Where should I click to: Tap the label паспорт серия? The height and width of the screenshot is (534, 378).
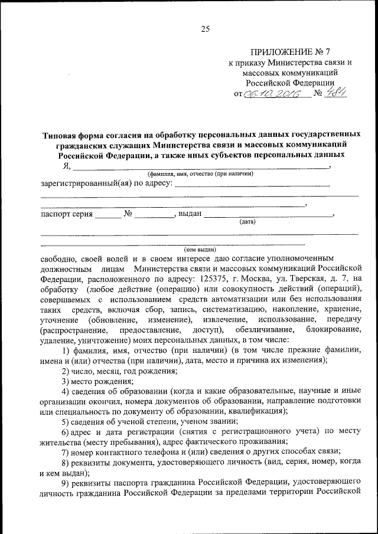coord(66,214)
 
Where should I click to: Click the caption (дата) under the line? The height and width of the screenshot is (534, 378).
coord(247,222)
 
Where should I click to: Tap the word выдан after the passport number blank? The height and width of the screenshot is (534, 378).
coord(190,214)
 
